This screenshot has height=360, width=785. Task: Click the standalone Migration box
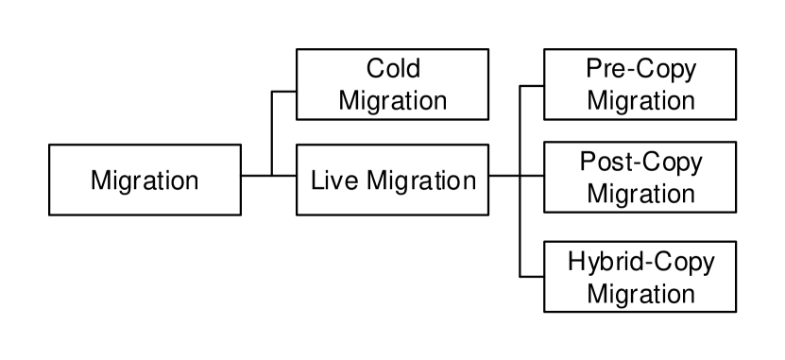(x=145, y=180)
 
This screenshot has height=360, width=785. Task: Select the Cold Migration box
(x=392, y=84)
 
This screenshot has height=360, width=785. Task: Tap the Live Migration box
(x=392, y=180)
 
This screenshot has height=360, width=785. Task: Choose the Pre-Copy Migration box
(x=640, y=84)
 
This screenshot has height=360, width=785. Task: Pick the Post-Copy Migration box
(x=640, y=180)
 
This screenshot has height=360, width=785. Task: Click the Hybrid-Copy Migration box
(x=640, y=277)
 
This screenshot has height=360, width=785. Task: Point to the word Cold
(x=393, y=69)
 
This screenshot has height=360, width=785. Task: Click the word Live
(x=329, y=180)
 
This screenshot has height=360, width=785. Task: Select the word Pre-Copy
(x=640, y=69)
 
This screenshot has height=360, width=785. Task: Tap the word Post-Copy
(x=640, y=163)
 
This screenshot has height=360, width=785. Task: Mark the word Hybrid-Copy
(x=640, y=262)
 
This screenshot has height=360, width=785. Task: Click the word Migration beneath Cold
(x=393, y=100)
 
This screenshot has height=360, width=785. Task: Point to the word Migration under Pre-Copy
(x=640, y=100)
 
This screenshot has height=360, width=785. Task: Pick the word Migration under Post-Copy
(x=640, y=196)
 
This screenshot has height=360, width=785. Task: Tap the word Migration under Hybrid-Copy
(x=640, y=293)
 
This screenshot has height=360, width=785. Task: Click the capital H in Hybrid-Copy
(x=575, y=261)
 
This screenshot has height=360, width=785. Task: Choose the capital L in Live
(x=316, y=180)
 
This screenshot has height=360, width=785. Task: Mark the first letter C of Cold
(x=373, y=69)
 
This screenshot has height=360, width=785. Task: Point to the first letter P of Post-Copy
(x=586, y=163)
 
